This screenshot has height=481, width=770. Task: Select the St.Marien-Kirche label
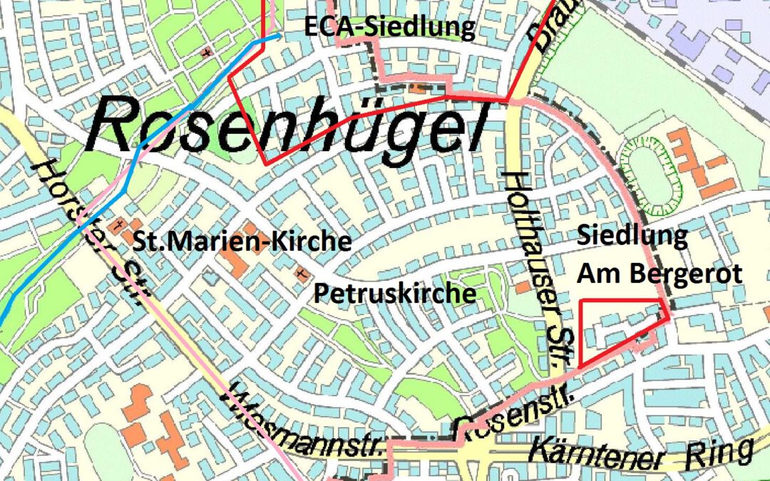tap(242, 242)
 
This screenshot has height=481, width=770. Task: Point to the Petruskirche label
tap(395, 293)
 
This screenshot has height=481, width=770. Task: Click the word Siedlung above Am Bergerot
tap(632, 236)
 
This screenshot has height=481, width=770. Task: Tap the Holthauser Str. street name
tap(532, 264)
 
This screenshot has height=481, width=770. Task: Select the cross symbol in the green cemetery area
tap(206, 51)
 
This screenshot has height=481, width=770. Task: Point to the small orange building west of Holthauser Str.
tap(523, 286)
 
